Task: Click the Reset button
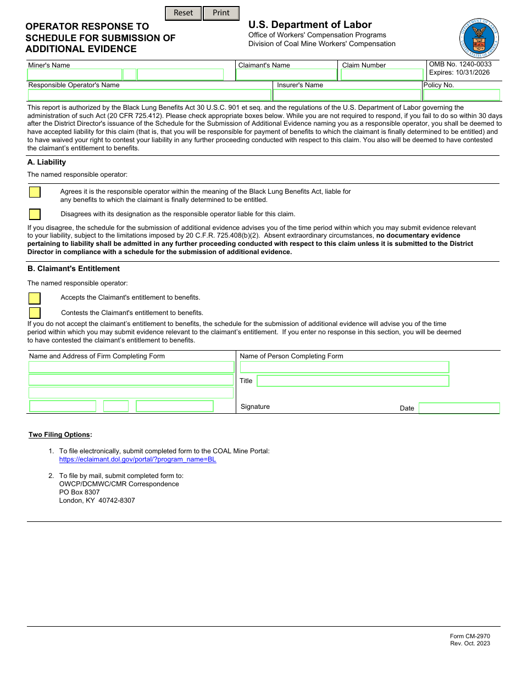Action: pyautogui.click(x=183, y=13)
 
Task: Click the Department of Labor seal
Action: pyautogui.click(x=479, y=38)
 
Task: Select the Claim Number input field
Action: pyautogui.click(x=382, y=75)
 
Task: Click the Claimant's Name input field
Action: pyautogui.click(x=286, y=75)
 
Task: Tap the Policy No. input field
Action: pyautogui.click(x=461, y=95)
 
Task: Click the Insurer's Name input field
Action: pyautogui.click(x=347, y=95)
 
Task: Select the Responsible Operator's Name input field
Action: pyautogui.click(x=149, y=95)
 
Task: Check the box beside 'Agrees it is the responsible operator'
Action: pyautogui.click(x=35, y=192)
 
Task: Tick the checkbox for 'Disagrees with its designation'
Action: pyautogui.click(x=35, y=214)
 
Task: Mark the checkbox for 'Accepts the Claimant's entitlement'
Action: pyautogui.click(x=35, y=298)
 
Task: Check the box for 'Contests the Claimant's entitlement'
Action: pyautogui.click(x=35, y=313)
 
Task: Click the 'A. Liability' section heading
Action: pyautogui.click(x=47, y=162)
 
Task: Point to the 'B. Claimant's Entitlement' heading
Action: pyautogui.click(x=74, y=269)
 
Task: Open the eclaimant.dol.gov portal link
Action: pyautogui.click(x=137, y=460)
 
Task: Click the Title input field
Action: pyautogui.click(x=353, y=381)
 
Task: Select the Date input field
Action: pyautogui.click(x=459, y=408)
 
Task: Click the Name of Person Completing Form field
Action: pyautogui.click(x=345, y=367)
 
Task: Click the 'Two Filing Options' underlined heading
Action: pyautogui.click(x=59, y=435)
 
